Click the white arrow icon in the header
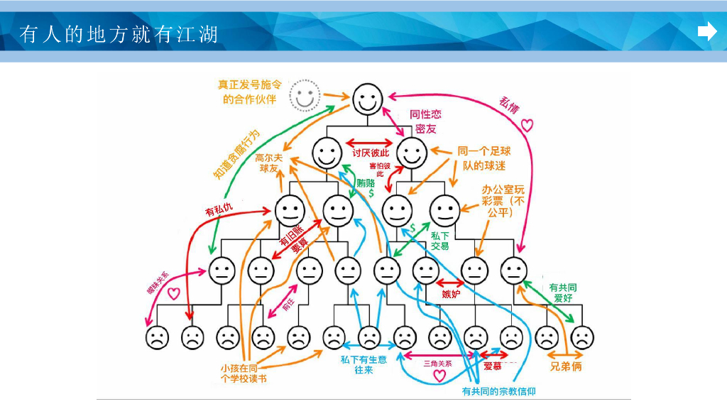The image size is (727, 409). (x=707, y=32)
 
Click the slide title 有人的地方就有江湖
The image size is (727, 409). (x=119, y=33)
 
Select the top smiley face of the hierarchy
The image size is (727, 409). (x=368, y=97)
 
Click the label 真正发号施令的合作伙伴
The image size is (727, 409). (x=249, y=92)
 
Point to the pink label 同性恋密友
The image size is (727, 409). (x=425, y=121)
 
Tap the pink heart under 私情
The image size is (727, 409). (x=527, y=126)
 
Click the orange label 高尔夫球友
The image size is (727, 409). (x=270, y=163)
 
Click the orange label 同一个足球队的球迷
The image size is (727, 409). (x=483, y=158)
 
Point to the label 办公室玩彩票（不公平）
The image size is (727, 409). (x=503, y=200)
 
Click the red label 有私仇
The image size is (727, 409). (x=218, y=210)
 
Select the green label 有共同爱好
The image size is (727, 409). (x=562, y=293)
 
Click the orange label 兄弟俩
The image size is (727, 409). (x=566, y=366)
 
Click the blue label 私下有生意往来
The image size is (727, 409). (x=363, y=365)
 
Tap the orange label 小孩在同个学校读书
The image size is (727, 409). (x=244, y=373)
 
